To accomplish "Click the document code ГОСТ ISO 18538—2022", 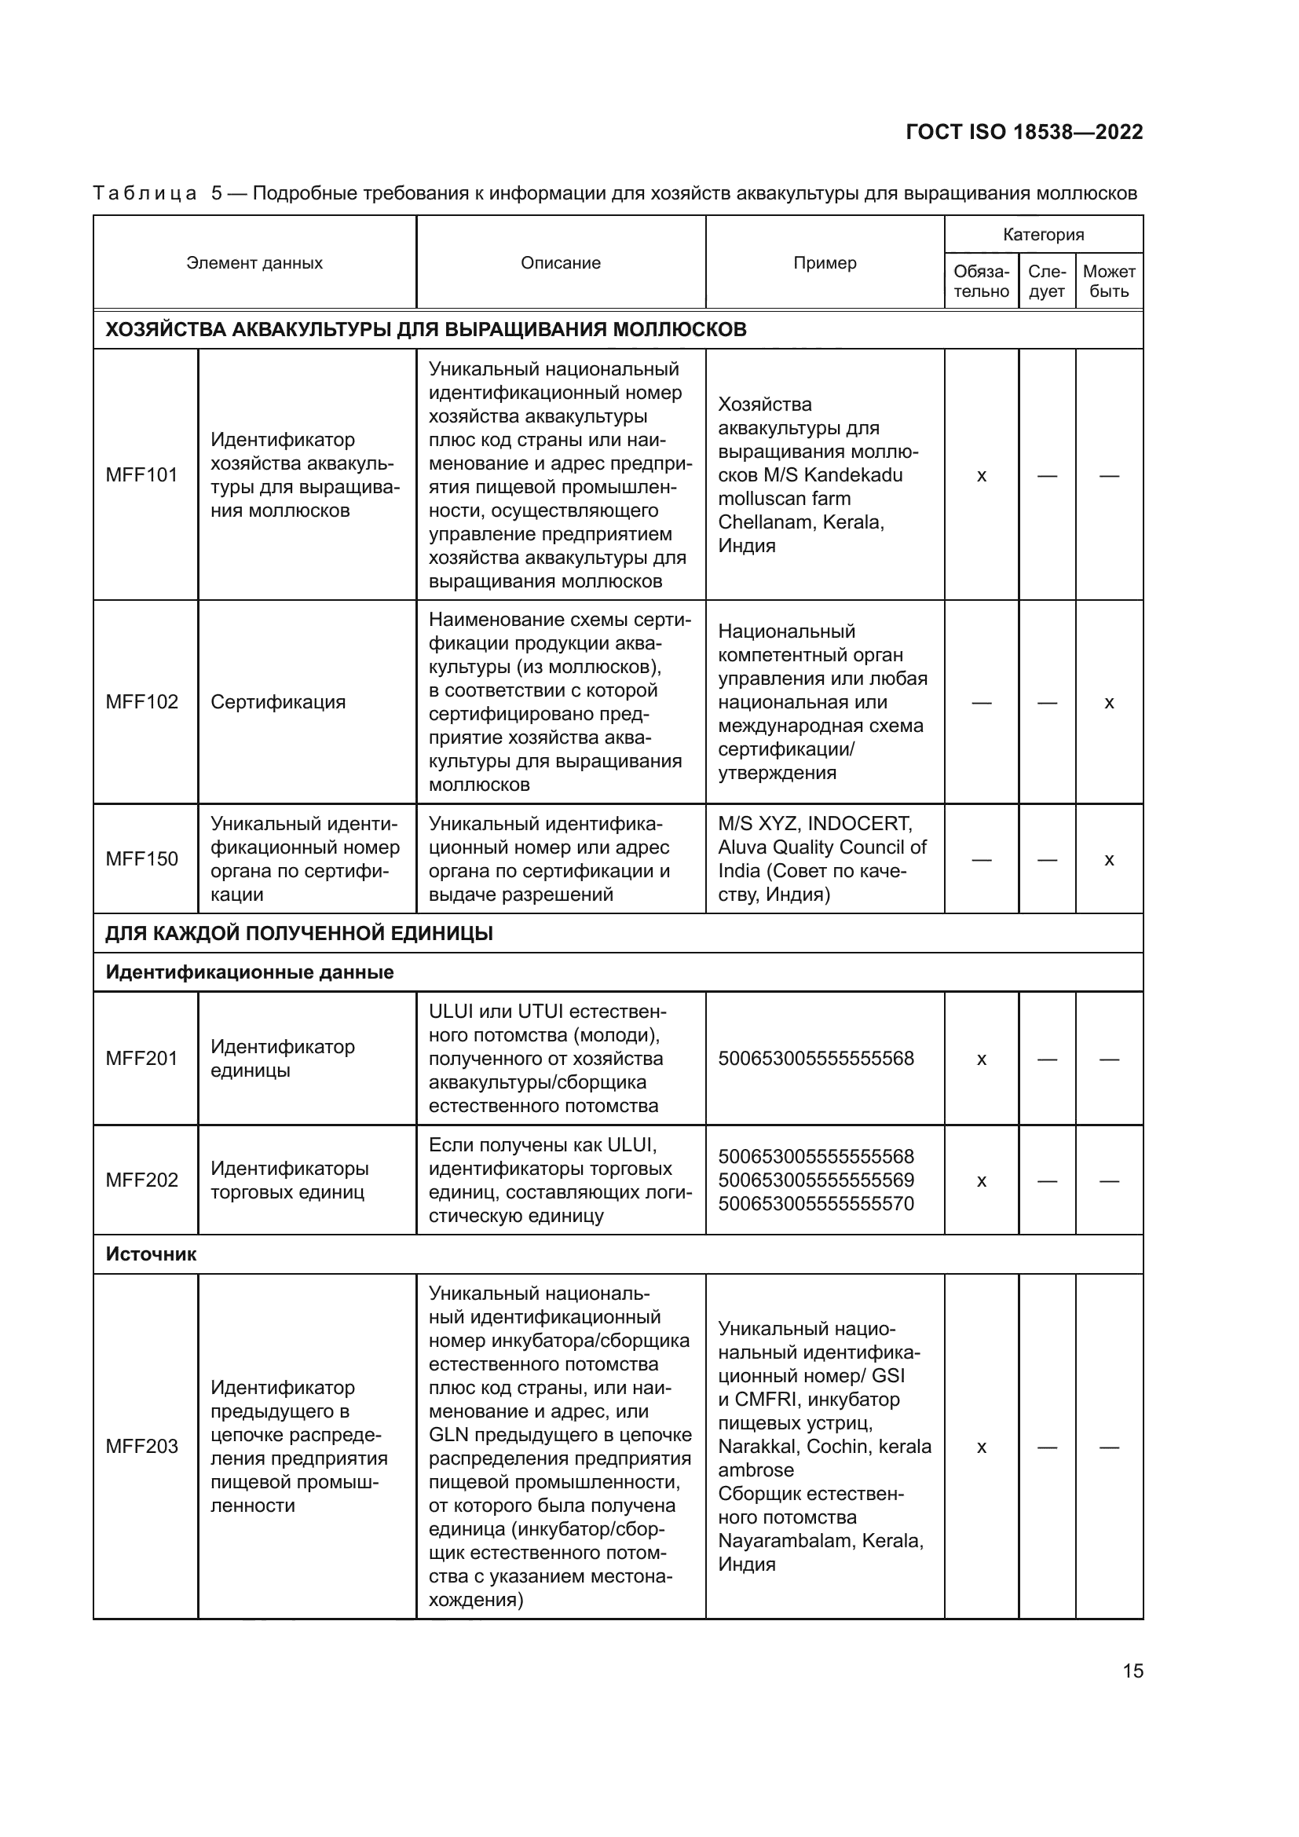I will (x=1024, y=132).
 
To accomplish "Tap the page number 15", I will (x=1133, y=1670).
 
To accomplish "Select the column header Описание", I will (x=560, y=263).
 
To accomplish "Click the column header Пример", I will (x=825, y=263).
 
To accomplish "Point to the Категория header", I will (x=1043, y=234).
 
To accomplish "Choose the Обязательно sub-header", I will (x=982, y=282).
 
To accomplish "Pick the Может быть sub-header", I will (x=1109, y=282).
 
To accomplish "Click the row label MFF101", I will (x=141, y=475).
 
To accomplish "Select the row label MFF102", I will (x=141, y=702).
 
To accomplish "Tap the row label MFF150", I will (x=141, y=859).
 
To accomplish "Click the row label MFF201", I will (x=141, y=1059).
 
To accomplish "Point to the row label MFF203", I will (x=141, y=1447).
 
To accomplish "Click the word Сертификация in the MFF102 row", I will (x=277, y=702).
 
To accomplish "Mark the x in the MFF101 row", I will (x=982, y=476).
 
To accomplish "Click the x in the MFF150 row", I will (x=1109, y=860).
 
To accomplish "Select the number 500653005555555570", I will (x=816, y=1203).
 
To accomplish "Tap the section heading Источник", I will (x=150, y=1253).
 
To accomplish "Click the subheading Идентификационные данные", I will (x=250, y=972).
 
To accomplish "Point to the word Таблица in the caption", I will (x=145, y=194).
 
